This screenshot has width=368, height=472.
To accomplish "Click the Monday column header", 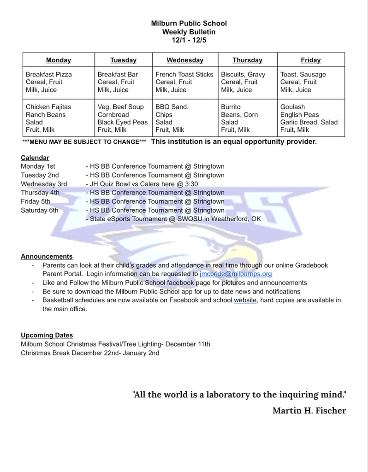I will pyautogui.click(x=59, y=60).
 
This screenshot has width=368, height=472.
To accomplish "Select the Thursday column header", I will pyautogui.click(x=247, y=60).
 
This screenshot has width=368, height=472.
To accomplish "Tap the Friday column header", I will pyautogui.click(x=310, y=60).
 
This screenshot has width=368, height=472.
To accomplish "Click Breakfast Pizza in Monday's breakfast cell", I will pyautogui.click(x=49, y=74).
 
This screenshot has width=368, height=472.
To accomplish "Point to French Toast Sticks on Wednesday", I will pyautogui.click(x=184, y=74).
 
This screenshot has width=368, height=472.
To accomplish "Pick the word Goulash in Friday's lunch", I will pyautogui.click(x=292, y=107).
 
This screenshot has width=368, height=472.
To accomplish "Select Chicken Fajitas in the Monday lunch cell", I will pyautogui.click(x=48, y=107).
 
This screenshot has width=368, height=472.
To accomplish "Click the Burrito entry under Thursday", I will pyautogui.click(x=231, y=107).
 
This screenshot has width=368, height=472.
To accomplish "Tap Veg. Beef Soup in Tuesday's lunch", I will pyautogui.click(x=121, y=107).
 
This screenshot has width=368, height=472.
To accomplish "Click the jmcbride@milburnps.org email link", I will pyautogui.click(x=236, y=274).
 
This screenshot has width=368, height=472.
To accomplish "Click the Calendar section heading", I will pyautogui.click(x=35, y=158).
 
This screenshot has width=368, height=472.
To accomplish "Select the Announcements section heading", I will pyautogui.click(x=47, y=256).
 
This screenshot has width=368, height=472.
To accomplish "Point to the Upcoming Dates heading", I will pyautogui.click(x=47, y=336).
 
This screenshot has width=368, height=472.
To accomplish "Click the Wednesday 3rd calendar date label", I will pyautogui.click(x=44, y=184).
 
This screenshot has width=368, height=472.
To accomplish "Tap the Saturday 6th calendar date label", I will pyautogui.click(x=40, y=210).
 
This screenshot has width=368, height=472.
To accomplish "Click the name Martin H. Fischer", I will pyautogui.click(x=309, y=410).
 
